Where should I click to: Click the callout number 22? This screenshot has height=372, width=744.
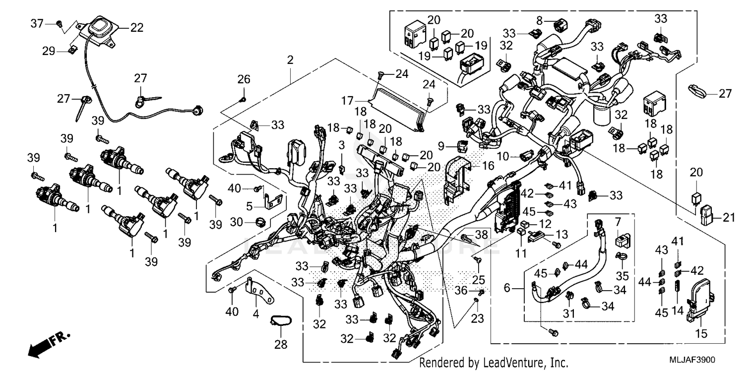coord(136,28)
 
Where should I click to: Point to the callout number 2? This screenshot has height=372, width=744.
coord(290,60)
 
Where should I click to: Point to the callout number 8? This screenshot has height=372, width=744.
coord(540,20)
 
